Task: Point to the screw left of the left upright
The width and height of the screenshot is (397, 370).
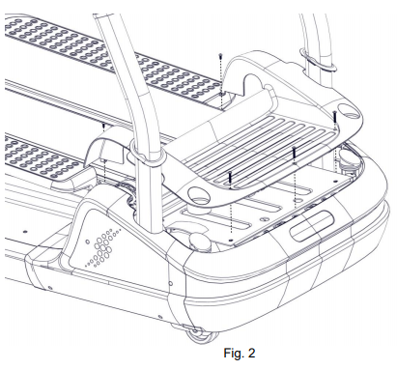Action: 103,125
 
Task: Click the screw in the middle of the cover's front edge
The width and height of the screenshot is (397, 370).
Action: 293,155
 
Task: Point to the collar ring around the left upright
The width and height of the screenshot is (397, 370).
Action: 141,151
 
